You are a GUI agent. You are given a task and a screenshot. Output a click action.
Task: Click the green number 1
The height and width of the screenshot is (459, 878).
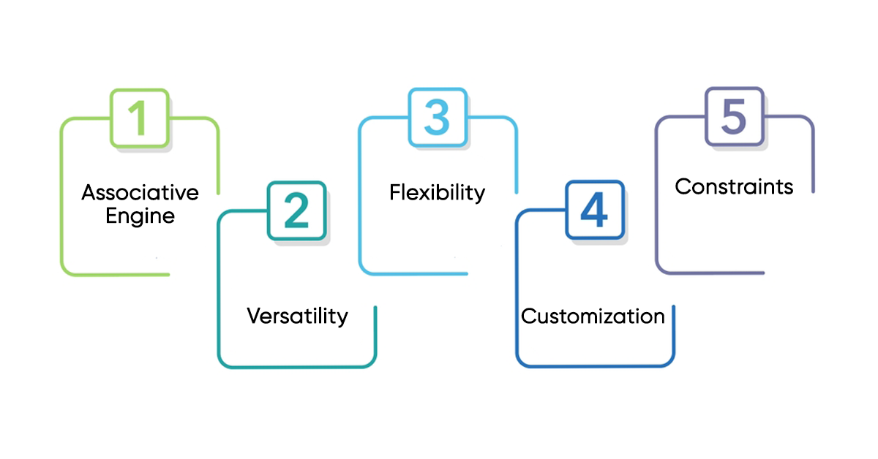[140, 117]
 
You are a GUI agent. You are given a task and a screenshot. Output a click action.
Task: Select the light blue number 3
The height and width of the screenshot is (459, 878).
[437, 117]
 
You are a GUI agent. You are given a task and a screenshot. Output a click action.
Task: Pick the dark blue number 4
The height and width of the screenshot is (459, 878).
[593, 210]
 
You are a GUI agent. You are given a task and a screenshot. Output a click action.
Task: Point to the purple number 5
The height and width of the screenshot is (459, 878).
[734, 117]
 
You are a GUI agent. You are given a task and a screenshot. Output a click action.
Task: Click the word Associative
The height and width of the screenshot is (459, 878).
[140, 193]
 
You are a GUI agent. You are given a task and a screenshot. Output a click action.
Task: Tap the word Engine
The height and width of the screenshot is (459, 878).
[140, 216]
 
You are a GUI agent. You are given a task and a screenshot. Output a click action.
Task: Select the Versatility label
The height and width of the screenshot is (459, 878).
[297, 316]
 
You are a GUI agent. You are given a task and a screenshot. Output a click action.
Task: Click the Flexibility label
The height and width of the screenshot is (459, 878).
[437, 192]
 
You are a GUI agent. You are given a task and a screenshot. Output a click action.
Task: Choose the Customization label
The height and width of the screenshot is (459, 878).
[593, 316]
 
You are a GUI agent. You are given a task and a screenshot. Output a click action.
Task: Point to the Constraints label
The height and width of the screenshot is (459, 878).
[734, 186]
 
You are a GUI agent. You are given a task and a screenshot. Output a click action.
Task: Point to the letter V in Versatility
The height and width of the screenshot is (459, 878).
[253, 316]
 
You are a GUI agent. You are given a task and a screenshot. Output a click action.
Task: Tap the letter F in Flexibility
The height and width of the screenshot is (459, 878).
[394, 192]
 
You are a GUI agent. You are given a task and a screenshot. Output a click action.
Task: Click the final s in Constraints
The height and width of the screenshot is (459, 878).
[789, 187]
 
